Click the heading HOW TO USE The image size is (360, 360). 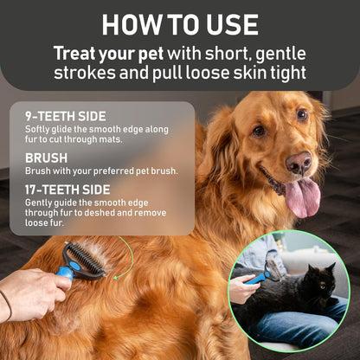[x=180, y=25]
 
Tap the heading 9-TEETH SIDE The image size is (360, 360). [x=66, y=116]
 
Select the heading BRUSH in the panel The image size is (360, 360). [x=46, y=158]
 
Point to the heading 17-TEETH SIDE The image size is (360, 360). [x=67, y=190]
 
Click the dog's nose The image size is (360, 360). [x=299, y=163]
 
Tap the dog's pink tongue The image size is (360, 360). [x=303, y=197]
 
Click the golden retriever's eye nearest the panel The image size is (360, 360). [x=258, y=132]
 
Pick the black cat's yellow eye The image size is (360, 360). [x=323, y=287]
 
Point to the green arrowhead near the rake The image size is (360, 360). [x=116, y=278]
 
